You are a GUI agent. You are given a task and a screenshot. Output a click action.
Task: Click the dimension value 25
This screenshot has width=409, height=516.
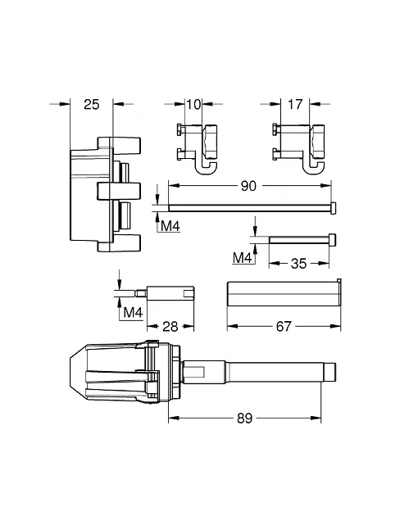tap(91, 105)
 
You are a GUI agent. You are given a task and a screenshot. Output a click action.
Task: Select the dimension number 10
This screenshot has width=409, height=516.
tap(193, 105)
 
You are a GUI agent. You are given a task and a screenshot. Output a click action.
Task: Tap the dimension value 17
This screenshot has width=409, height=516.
tap(295, 105)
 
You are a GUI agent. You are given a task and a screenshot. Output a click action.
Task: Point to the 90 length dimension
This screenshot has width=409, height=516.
tap(248, 186)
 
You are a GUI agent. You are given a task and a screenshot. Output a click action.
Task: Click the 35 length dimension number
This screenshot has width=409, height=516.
tap(298, 264)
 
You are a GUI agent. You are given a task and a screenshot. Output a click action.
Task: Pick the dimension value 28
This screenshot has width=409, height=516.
tap(170, 327)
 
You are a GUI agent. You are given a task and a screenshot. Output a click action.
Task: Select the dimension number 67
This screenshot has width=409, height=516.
tap(284, 327)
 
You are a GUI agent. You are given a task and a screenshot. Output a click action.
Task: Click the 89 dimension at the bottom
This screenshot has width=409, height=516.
tap(245, 419)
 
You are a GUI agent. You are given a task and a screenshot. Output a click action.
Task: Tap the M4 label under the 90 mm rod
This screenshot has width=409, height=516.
tap(170, 226)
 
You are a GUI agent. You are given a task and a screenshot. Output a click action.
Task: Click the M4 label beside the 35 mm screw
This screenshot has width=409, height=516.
tap(242, 258)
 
